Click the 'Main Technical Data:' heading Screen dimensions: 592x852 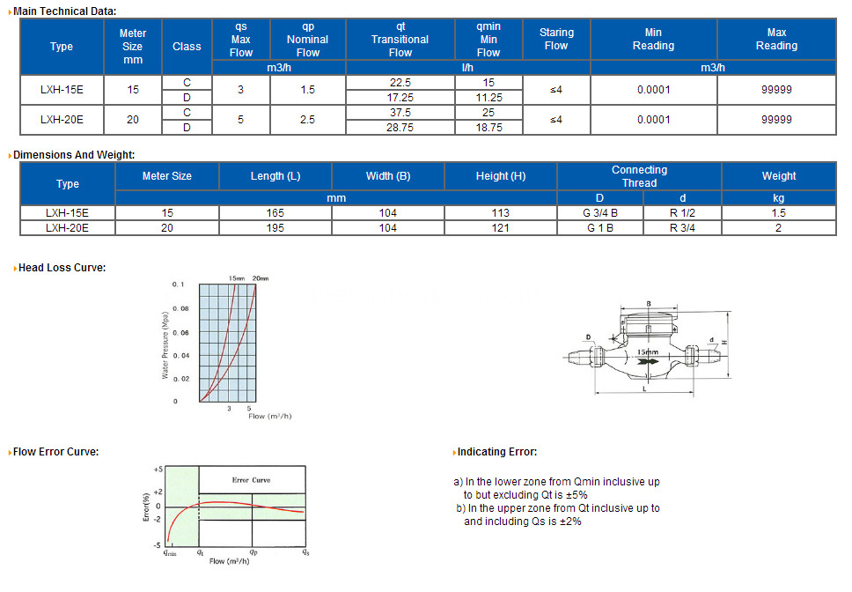(x=63, y=11)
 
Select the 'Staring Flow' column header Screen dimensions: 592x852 (x=556, y=39)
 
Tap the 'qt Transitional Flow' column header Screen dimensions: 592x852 (x=400, y=40)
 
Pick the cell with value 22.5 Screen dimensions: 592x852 (x=400, y=82)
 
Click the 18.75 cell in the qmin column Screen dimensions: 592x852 (x=488, y=128)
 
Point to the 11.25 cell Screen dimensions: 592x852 (x=488, y=97)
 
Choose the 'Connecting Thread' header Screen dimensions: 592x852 (x=639, y=176)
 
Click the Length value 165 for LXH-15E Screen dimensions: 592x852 (x=275, y=213)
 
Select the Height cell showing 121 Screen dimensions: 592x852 (x=500, y=228)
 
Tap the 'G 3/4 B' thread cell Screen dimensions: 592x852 (x=601, y=213)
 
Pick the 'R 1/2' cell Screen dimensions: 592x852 (x=682, y=213)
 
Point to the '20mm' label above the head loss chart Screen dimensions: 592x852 (x=261, y=278)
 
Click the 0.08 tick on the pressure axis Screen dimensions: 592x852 (x=180, y=309)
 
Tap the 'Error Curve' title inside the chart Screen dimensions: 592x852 (x=251, y=480)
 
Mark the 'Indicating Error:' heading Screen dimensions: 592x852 (x=496, y=452)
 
